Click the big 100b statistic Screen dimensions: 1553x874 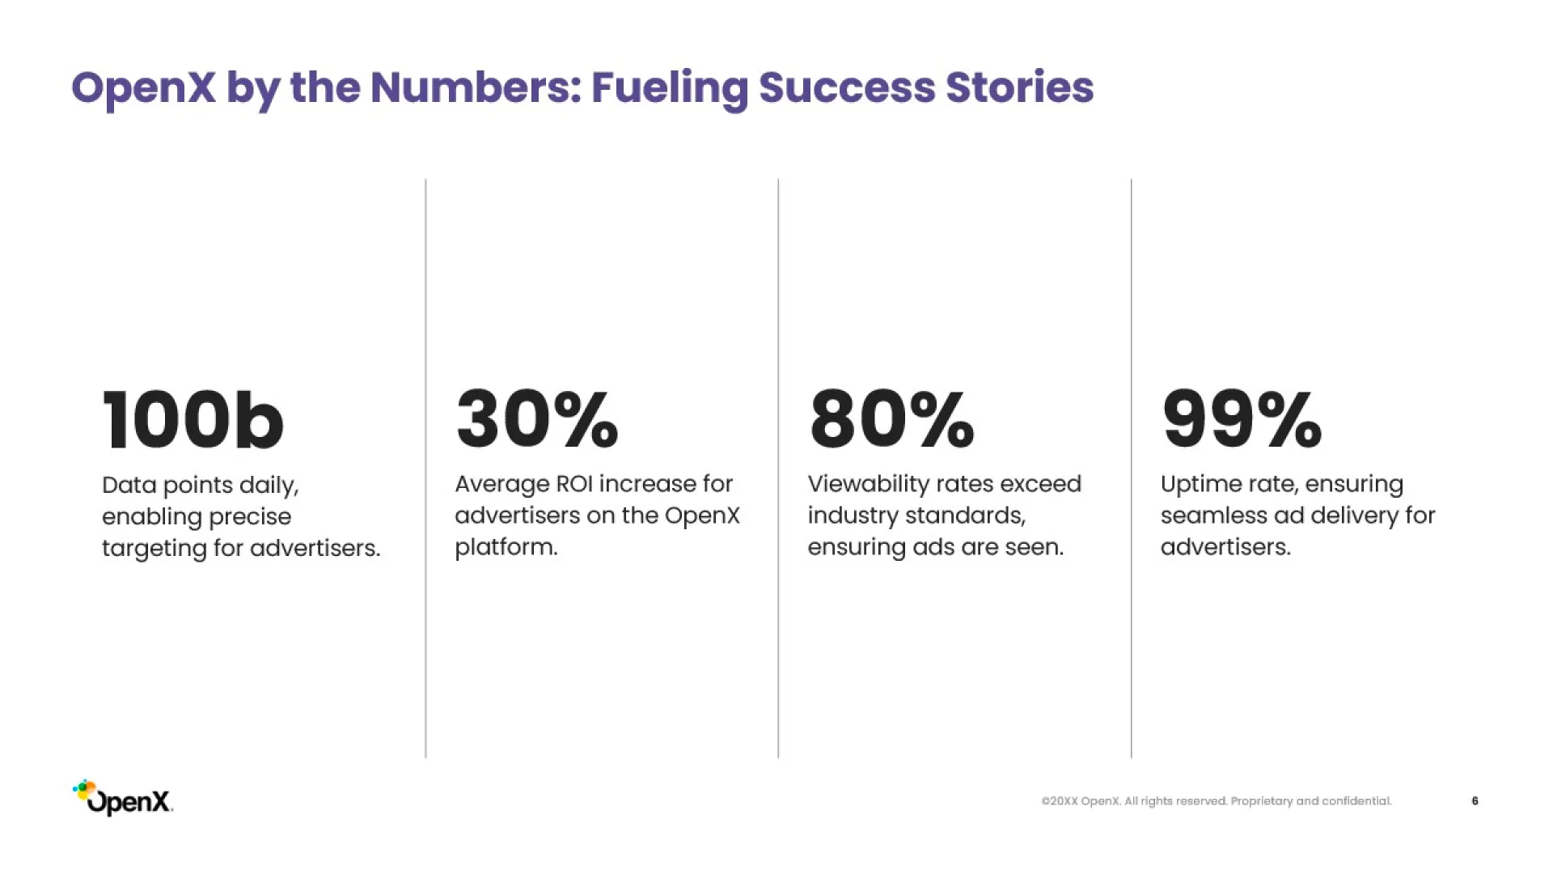pos(193,419)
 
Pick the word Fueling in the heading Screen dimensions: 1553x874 pos(670,89)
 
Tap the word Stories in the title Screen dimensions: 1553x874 pos(1019,87)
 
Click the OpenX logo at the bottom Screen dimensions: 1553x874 pos(123,798)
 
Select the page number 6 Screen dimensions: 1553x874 pos(1475,801)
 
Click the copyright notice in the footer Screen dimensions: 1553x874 pos(1217,801)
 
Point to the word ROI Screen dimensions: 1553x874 pos(574,484)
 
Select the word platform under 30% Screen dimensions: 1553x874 pos(506,548)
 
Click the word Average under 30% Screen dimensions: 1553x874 pos(502,485)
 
